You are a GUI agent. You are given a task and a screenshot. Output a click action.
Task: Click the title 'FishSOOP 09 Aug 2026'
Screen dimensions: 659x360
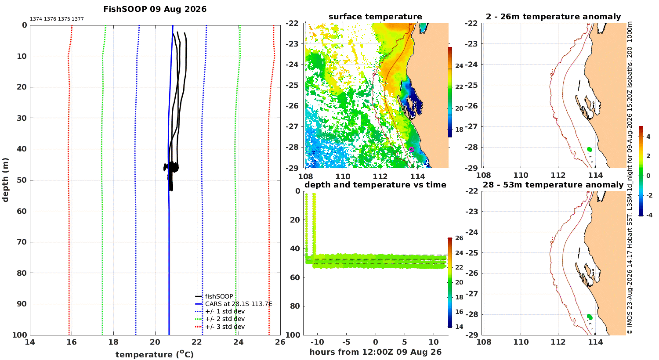click(155, 9)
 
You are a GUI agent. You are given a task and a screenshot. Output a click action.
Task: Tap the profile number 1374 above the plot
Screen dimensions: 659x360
click(36, 19)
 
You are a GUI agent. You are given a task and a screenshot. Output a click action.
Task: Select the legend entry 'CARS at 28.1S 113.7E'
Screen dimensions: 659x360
click(239, 304)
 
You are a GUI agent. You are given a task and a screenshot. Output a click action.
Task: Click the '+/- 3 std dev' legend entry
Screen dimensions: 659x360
click(225, 327)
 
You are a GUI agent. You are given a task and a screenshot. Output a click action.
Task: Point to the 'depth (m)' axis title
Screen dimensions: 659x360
click(5, 180)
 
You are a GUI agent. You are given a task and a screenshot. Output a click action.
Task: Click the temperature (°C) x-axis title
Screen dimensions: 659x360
click(155, 354)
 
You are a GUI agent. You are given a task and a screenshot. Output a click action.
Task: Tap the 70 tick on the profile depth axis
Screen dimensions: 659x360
click(22, 242)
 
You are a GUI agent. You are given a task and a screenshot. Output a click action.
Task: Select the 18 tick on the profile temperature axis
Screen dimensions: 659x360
click(113, 342)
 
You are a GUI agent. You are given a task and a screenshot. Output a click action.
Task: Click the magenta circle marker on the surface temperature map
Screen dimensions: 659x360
click(412, 149)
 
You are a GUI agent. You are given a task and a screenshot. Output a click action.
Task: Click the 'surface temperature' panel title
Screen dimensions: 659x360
click(375, 17)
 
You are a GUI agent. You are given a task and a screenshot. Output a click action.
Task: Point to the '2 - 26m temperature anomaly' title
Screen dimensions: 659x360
click(553, 17)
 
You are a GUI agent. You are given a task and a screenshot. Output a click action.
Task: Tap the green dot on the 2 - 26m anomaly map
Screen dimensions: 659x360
click(589, 149)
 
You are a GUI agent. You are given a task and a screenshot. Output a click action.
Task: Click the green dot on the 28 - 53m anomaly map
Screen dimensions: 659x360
click(590, 317)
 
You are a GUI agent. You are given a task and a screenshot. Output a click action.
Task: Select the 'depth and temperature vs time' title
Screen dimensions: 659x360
click(375, 185)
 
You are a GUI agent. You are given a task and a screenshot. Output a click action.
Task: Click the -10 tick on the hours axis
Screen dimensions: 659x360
click(317, 342)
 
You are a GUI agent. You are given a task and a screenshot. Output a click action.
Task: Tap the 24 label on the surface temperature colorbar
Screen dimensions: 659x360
click(459, 66)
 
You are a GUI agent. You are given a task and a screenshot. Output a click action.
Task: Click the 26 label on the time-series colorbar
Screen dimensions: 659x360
click(459, 238)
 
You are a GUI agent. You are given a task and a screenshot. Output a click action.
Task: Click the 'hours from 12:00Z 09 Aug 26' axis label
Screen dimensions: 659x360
click(375, 352)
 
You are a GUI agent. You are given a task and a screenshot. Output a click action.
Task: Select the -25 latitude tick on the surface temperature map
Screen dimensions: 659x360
click(292, 85)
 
